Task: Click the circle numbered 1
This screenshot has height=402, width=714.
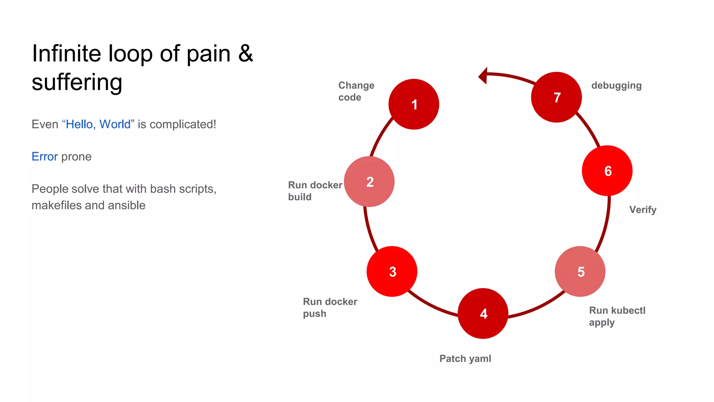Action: pyautogui.click(x=413, y=104)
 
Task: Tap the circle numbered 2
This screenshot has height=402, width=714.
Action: pyautogui.click(x=369, y=181)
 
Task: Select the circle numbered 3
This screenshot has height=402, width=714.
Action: pyautogui.click(x=392, y=271)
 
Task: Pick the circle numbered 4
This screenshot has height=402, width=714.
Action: pyautogui.click(x=483, y=313)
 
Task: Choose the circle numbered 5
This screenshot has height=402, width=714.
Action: pyautogui.click(x=580, y=271)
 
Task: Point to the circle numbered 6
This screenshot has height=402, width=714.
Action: pyautogui.click(x=607, y=171)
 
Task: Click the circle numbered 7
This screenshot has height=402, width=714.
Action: pyautogui.click(x=556, y=97)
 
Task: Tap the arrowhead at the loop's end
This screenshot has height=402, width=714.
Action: pyautogui.click(x=483, y=75)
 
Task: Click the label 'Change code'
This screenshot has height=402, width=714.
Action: pyautogui.click(x=356, y=91)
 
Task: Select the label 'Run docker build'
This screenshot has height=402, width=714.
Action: pyautogui.click(x=315, y=191)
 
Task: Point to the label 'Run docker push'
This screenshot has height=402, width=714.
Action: pyautogui.click(x=330, y=307)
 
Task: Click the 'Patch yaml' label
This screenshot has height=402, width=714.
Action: pyautogui.click(x=465, y=358)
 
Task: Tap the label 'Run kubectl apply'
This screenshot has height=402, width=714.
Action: pyautogui.click(x=617, y=316)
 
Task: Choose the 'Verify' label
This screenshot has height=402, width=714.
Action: pyautogui.click(x=643, y=209)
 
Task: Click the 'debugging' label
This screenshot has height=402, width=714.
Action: pyautogui.click(x=616, y=85)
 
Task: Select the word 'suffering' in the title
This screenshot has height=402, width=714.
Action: pyautogui.click(x=77, y=82)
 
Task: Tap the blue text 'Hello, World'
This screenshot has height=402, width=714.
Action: pyautogui.click(x=98, y=124)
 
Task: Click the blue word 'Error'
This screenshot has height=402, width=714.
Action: pyautogui.click(x=45, y=157)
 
